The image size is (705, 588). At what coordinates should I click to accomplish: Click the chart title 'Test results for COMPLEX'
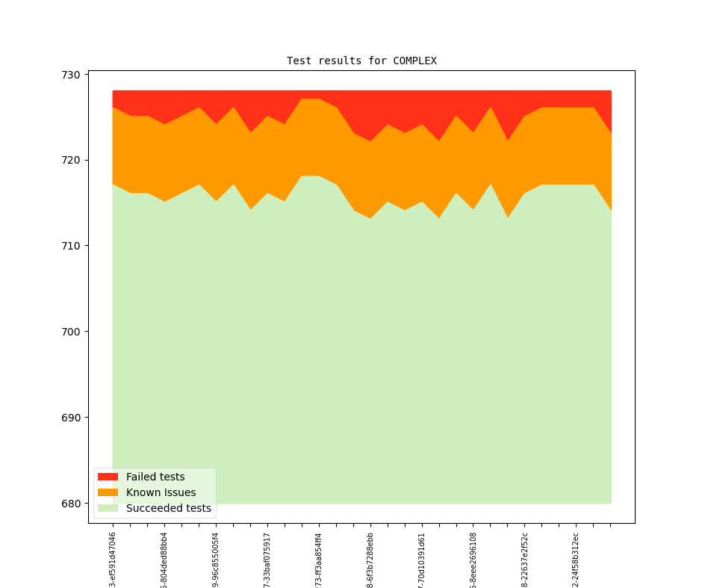pos(361,61)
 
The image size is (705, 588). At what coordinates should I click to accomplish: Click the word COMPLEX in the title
pos(414,61)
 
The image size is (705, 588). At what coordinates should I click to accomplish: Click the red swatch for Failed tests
pos(108,477)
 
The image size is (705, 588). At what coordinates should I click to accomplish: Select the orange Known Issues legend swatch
pos(108,492)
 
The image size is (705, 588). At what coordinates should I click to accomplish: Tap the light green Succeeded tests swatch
pos(108,508)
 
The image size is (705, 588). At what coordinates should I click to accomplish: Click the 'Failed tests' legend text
pos(155,477)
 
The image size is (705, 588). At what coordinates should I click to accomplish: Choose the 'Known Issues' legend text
pos(161,492)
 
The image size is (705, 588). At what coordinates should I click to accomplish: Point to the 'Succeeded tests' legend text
pos(168,508)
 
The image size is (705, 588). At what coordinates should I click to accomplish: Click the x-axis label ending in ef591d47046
pos(113,559)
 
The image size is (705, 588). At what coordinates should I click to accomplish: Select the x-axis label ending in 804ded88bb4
pos(164,559)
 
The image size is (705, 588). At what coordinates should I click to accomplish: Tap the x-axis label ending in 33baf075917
pos(267,559)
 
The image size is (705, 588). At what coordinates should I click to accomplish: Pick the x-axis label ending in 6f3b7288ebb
pos(370,559)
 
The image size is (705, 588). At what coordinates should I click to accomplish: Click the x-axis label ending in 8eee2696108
pos(473,559)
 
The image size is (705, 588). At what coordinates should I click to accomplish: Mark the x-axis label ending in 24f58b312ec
pos(576,559)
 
